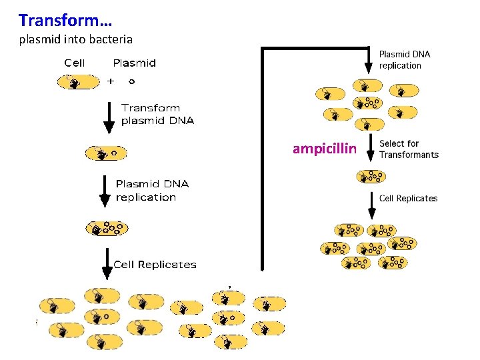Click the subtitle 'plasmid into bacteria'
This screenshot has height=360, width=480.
(75, 39)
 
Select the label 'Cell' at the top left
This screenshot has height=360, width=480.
(75, 63)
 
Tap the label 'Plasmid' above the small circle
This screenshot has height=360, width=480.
(134, 63)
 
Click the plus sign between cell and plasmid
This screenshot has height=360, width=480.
(111, 81)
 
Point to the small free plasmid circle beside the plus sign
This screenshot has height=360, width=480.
(131, 81)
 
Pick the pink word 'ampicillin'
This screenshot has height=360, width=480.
(325, 149)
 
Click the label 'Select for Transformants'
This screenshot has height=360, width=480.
(409, 149)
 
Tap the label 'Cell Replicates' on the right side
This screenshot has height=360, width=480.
(408, 198)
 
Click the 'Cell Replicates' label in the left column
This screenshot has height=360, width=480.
(155, 265)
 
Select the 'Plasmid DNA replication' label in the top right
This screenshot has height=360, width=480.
(405, 59)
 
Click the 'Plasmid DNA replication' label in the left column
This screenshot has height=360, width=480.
(152, 190)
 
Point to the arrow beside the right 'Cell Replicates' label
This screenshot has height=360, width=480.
(371, 205)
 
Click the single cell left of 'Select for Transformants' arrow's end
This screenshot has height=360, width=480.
(370, 177)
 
